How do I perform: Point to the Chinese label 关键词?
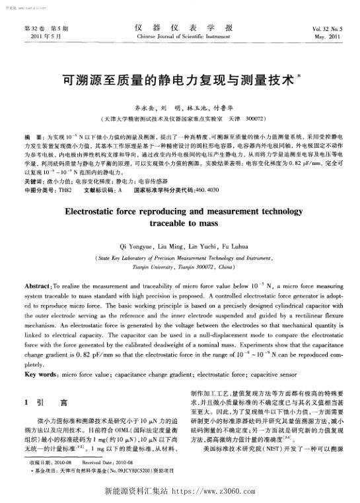point(32,162)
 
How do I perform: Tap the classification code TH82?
point(64,170)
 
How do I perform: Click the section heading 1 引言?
point(43,401)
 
